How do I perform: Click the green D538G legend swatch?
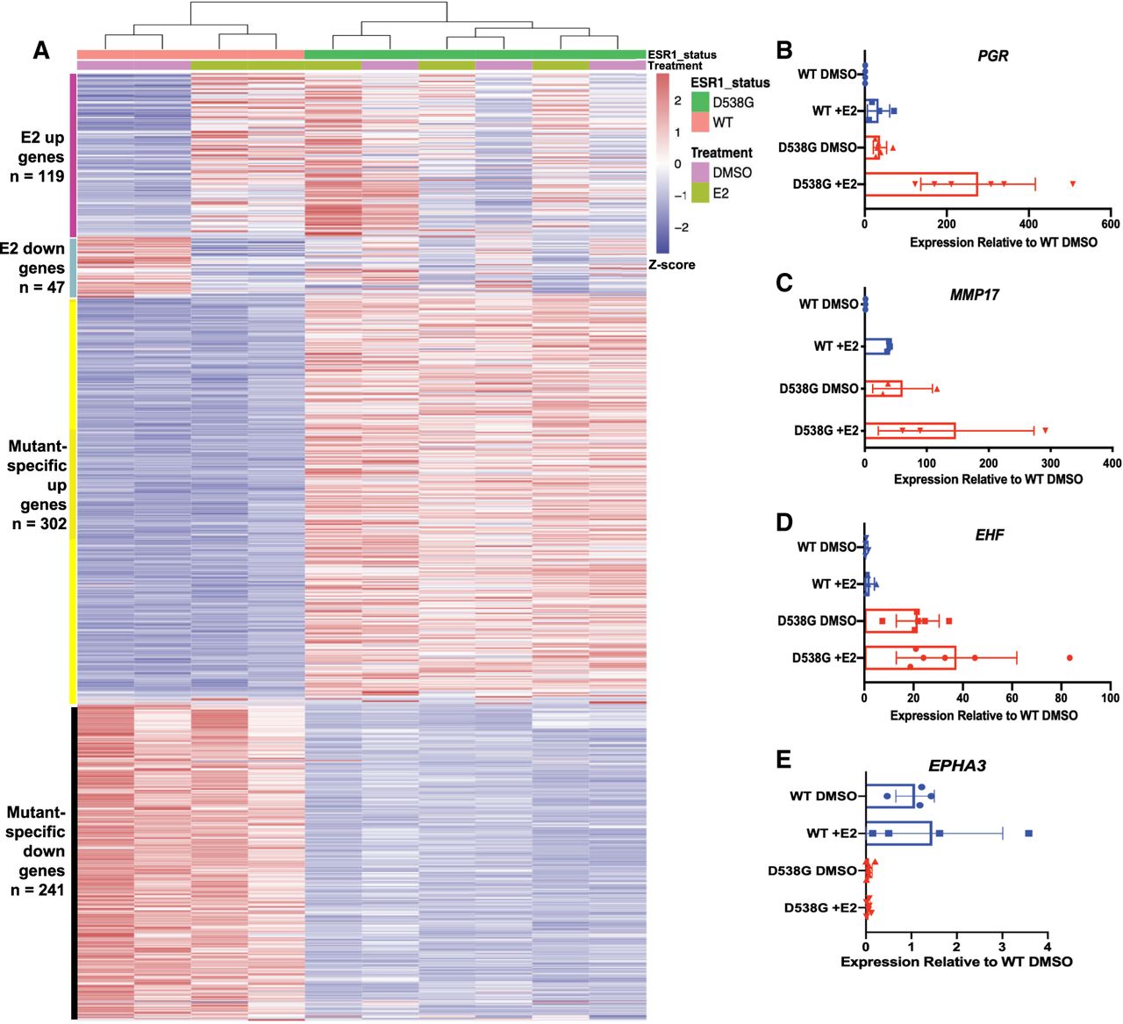[x=700, y=103]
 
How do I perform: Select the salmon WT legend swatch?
[x=700, y=122]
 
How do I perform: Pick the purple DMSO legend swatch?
[x=700, y=173]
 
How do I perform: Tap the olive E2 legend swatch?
[x=700, y=193]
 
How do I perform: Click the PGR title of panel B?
[x=992, y=56]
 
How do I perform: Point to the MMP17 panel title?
[x=974, y=295]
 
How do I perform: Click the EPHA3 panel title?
[x=956, y=766]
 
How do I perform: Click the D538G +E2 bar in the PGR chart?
[x=921, y=184]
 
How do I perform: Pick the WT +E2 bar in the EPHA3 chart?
[x=898, y=833]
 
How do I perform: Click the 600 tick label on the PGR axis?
[x=1110, y=224]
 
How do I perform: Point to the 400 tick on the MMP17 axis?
[x=1111, y=462]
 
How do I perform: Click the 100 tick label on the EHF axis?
[x=1110, y=698]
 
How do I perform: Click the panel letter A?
[x=40, y=51]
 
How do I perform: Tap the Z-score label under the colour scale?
[x=671, y=264]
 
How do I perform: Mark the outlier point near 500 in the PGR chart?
[x=1072, y=184]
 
